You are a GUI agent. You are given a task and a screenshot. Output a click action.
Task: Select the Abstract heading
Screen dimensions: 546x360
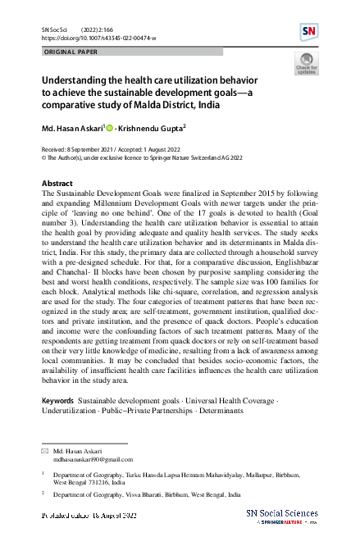tap(57, 183)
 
